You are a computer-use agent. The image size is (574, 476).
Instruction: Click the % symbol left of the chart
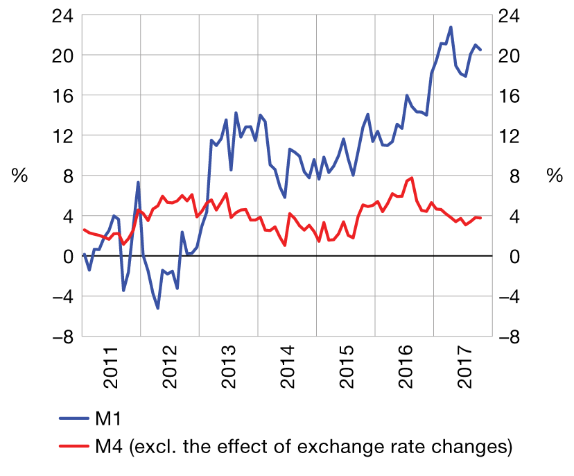click(20, 176)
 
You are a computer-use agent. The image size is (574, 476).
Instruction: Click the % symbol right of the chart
click(554, 176)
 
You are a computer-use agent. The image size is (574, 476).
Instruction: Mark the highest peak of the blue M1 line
click(451, 27)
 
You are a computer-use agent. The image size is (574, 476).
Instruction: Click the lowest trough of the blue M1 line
click(158, 308)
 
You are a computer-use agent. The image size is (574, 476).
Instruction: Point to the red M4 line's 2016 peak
click(412, 178)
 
